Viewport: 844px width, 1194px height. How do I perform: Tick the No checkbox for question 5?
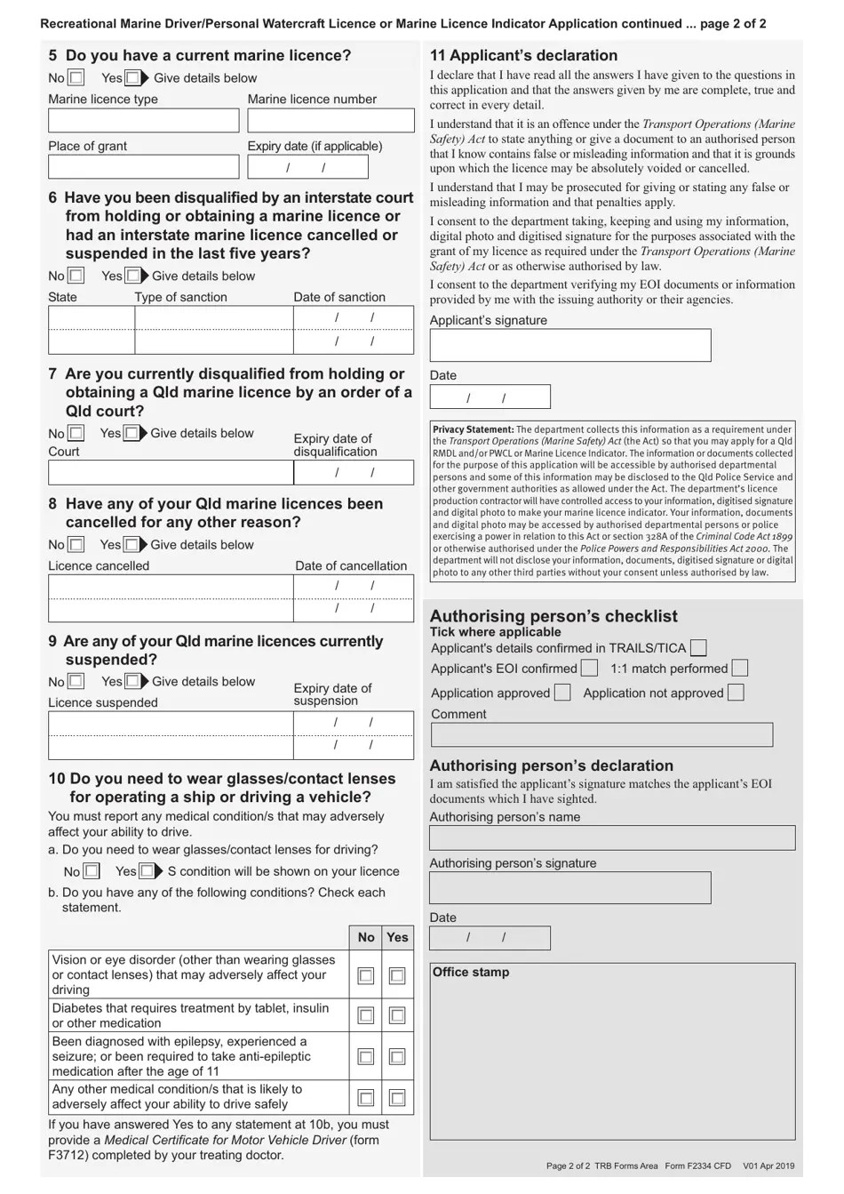[76, 78]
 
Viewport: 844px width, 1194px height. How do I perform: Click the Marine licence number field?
[330, 121]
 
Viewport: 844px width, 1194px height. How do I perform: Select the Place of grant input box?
[143, 167]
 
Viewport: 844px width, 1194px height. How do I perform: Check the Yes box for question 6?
[132, 276]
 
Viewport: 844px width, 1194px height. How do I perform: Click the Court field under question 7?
[171, 472]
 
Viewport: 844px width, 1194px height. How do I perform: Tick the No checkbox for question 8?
[76, 544]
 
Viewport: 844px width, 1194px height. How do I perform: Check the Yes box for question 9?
[132, 681]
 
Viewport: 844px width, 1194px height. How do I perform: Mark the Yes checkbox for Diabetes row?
[397, 1015]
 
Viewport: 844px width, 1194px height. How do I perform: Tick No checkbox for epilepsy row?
[365, 1056]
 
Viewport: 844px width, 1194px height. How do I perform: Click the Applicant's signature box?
[569, 345]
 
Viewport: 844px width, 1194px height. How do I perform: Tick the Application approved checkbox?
[562, 693]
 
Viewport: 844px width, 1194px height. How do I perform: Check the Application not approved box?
[735, 693]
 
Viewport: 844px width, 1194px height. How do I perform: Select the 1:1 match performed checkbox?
[739, 668]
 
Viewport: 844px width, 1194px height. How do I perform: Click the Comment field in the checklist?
[601, 734]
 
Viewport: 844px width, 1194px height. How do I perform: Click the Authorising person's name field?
[612, 837]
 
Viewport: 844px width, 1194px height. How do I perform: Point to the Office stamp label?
[471, 973]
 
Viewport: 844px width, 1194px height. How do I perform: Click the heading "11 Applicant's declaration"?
[523, 55]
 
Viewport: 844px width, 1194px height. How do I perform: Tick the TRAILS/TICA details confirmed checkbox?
[699, 648]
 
